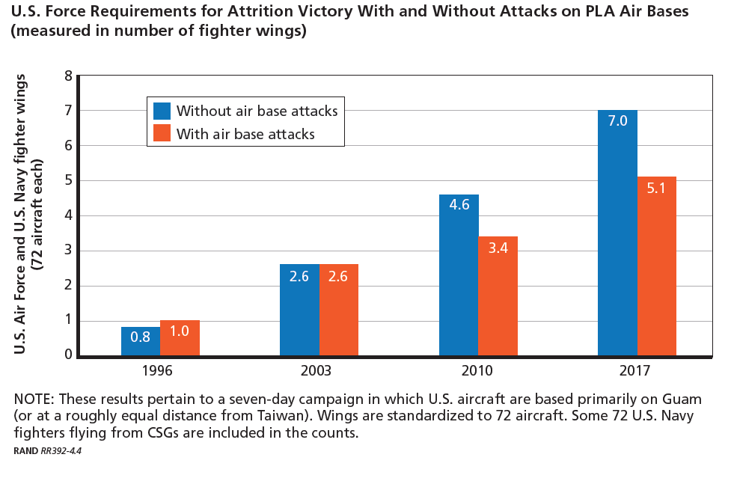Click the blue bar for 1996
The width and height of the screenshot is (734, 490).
[x=141, y=341]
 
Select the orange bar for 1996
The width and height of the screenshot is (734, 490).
[x=180, y=338]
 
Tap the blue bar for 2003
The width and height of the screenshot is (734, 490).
[x=299, y=310]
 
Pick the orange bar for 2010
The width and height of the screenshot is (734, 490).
[x=498, y=295]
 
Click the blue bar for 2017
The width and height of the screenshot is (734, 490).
[x=617, y=233]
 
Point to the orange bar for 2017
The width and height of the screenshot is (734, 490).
[x=656, y=266]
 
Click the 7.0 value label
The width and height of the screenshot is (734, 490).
[x=617, y=120]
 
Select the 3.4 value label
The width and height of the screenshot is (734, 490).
[x=498, y=248]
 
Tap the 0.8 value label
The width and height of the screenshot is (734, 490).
[x=141, y=337]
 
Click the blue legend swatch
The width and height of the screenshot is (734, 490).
[x=162, y=111]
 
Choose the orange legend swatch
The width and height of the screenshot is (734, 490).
[x=162, y=134]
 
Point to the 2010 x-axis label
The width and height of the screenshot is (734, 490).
[x=477, y=370]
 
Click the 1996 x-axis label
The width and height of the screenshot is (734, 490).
[x=160, y=370]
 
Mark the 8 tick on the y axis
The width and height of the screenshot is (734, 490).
[x=69, y=76]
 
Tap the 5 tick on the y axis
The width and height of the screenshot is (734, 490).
[x=69, y=180]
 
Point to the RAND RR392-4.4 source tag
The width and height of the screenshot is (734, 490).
[x=47, y=451]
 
